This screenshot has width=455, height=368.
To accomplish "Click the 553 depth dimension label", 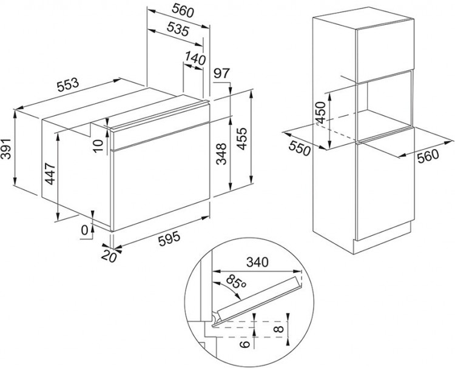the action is tap(67, 85).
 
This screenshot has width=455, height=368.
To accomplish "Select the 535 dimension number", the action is tap(178, 29).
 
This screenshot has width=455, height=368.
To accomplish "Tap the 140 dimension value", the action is tap(195, 58).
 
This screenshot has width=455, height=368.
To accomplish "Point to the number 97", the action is tap(221, 73).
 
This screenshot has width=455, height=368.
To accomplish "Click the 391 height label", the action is tap(6, 149).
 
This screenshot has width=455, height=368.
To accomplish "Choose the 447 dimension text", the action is tap(50, 174).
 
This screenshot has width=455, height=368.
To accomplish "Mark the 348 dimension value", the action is tap(221, 154).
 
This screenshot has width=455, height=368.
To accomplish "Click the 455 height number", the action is tap(241, 139).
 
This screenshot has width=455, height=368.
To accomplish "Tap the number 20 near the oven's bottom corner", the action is tap(109, 256).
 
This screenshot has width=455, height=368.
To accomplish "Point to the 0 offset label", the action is tap(84, 230).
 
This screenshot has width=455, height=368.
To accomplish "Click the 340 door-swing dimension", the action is tap(257, 262).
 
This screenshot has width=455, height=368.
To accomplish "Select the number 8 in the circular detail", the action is tap(280, 329).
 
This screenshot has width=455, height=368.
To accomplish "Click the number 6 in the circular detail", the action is tap(245, 344).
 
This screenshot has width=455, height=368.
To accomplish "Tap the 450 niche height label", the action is tap(321, 113).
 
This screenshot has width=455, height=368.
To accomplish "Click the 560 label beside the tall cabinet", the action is tap(428, 156).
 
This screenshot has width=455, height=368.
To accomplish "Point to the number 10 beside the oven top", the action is tap(99, 146).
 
